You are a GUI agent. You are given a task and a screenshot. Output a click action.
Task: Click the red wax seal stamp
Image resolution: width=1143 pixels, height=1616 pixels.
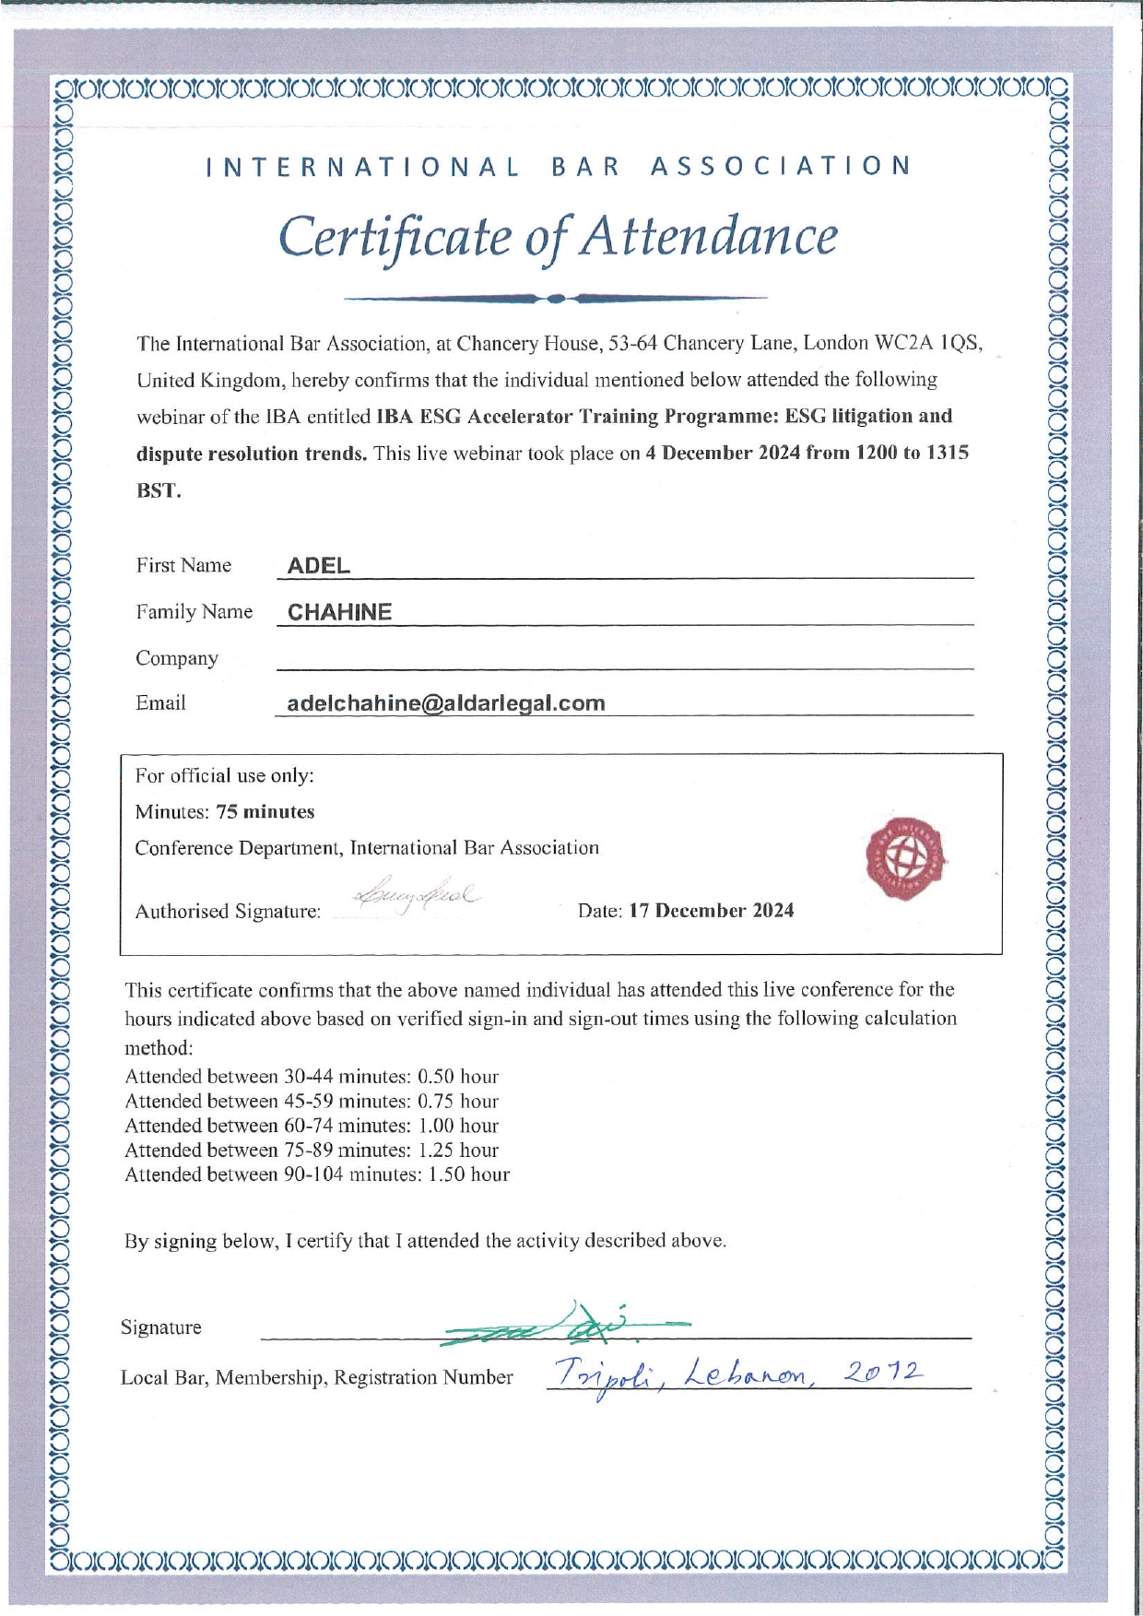pos(906,857)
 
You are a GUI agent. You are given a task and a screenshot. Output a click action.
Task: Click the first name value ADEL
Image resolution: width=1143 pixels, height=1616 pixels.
pos(318,566)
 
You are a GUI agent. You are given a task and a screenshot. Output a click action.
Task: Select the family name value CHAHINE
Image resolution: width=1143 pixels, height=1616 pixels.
pos(339,612)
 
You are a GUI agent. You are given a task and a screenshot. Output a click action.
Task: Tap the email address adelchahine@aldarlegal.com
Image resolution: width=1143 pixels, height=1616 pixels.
pos(446,703)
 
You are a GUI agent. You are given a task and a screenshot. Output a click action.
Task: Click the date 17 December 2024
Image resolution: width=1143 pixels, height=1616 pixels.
pos(711,911)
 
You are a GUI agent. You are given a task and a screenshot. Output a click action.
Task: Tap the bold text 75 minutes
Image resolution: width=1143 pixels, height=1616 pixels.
pos(265,812)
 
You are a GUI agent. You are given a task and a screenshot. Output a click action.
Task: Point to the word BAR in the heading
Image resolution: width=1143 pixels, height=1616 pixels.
pos(584,167)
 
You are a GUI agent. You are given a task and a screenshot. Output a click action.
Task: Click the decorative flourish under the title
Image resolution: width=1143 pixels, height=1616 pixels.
pos(555,299)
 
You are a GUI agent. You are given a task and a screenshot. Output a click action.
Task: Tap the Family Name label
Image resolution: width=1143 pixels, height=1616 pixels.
pos(194,612)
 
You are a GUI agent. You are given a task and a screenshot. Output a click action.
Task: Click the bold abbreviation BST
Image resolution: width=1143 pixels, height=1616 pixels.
pos(159,490)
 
